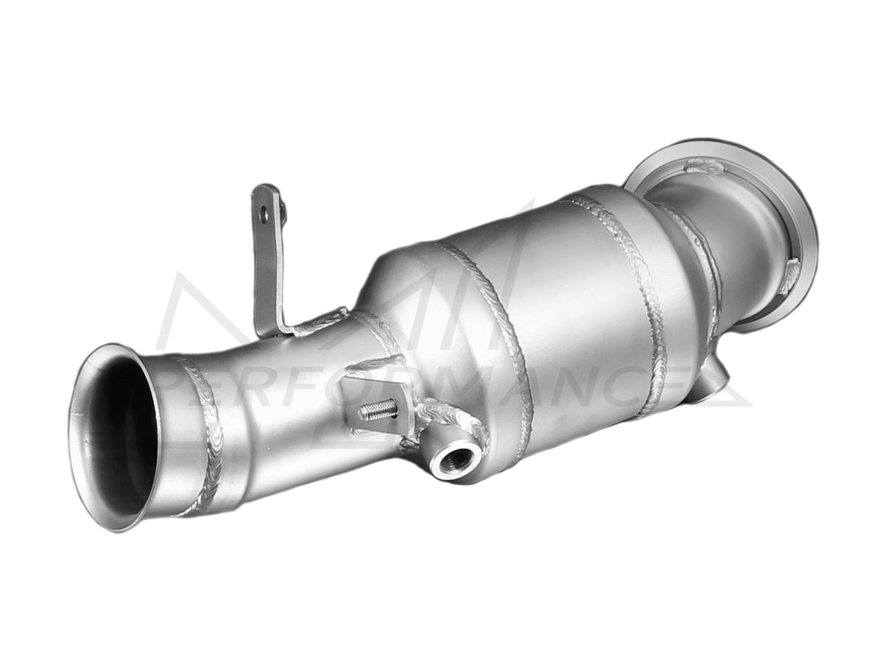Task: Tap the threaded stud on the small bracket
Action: point(379,411)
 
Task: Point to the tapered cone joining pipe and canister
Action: point(398,295)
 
